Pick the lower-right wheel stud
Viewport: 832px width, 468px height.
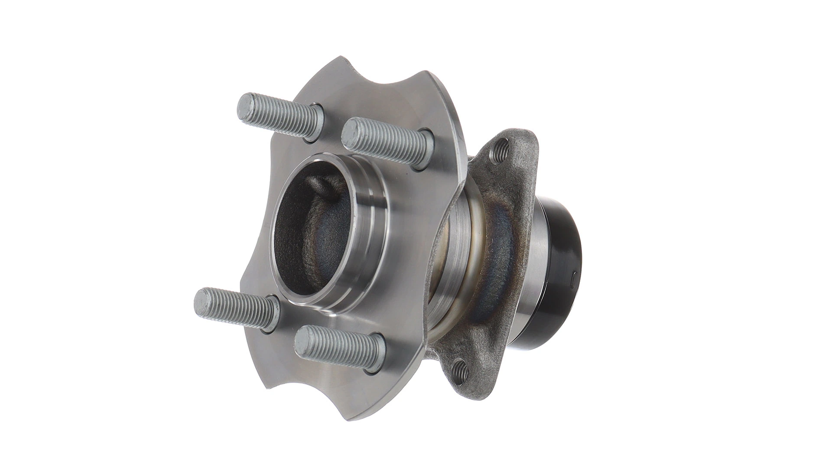coord(338,347)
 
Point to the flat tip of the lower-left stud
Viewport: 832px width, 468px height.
coord(202,299)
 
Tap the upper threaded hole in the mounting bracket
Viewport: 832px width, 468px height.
coord(503,150)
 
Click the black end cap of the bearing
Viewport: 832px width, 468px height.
coord(559,277)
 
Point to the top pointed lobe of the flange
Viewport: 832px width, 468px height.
coord(342,61)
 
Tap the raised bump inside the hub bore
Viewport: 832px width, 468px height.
coord(321,184)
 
